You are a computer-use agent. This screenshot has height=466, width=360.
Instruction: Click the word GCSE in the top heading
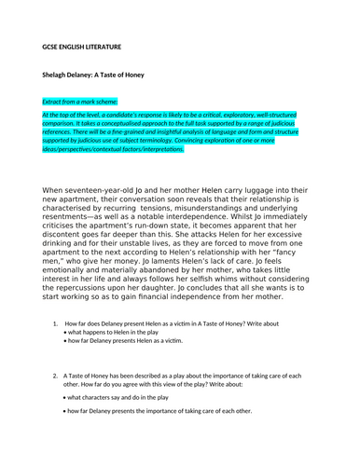tap(51, 46)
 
